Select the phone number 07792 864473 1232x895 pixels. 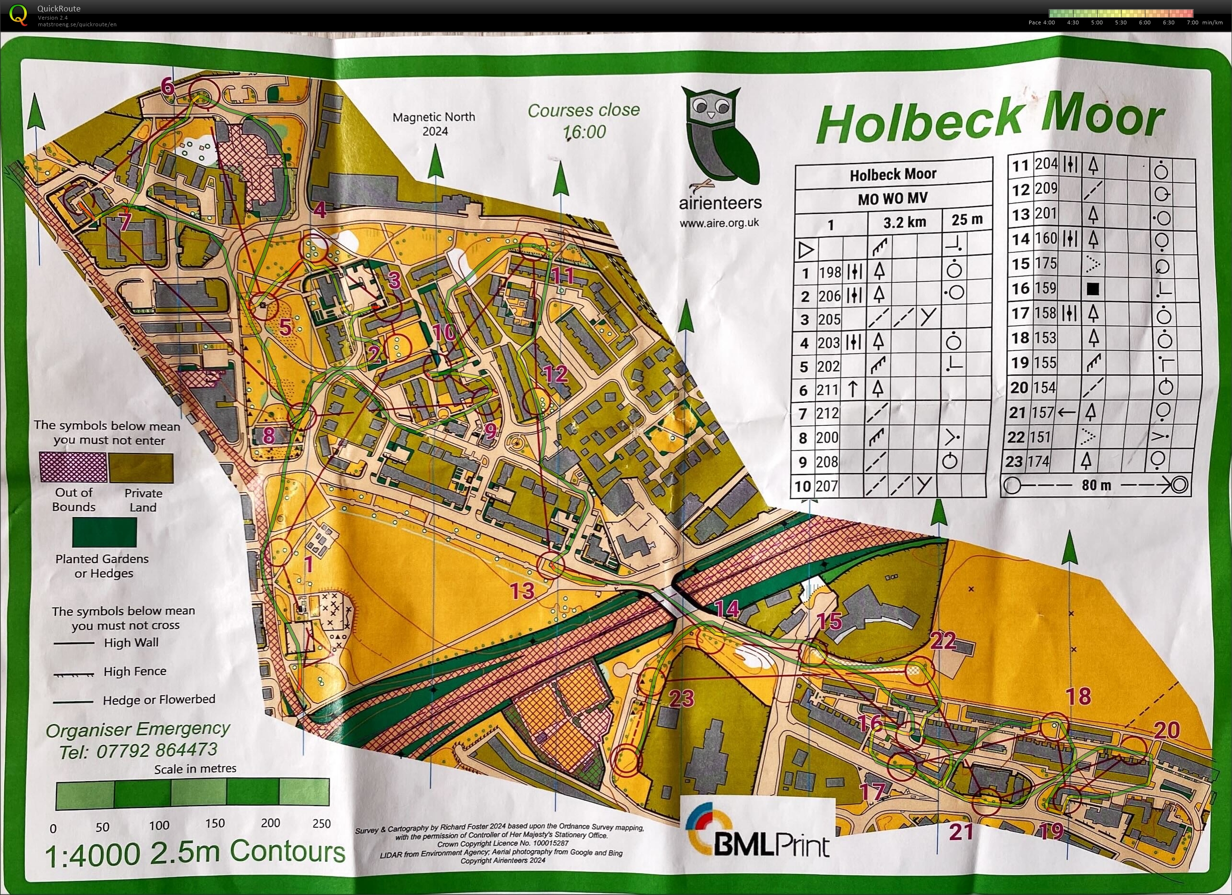click(x=156, y=750)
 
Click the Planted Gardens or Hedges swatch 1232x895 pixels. click(x=104, y=531)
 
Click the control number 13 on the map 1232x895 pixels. click(x=522, y=591)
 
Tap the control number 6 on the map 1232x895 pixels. click(x=167, y=87)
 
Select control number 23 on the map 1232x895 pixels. click(x=681, y=698)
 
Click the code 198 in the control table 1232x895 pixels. click(x=830, y=272)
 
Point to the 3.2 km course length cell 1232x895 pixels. click(x=904, y=222)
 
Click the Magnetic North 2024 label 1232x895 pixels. click(x=433, y=124)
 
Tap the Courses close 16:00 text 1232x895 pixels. click(x=583, y=121)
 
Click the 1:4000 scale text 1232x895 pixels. click(x=92, y=855)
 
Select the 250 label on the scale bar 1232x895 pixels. click(x=321, y=823)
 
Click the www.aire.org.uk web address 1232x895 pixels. click(x=719, y=222)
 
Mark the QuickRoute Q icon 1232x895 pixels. click(x=18, y=15)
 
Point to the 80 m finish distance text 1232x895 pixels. click(x=1096, y=485)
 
